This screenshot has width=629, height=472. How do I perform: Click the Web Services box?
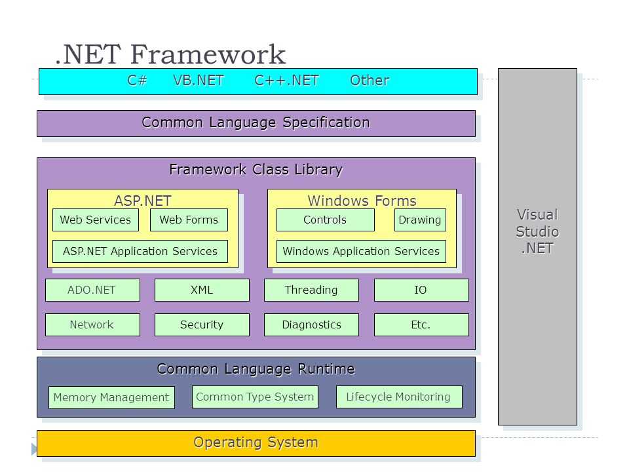96,220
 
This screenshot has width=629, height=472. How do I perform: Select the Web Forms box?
189,220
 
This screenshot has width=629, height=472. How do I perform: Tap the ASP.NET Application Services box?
140,251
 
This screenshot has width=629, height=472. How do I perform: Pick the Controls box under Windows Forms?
326,220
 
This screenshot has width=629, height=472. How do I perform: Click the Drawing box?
420,220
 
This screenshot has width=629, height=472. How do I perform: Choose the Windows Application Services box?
361,251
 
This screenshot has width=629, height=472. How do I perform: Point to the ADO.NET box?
92,290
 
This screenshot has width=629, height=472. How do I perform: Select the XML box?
202,290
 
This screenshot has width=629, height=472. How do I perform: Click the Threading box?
311,290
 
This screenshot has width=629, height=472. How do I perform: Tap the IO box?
421,290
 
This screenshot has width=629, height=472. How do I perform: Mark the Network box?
92,324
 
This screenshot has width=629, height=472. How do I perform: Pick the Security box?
202,324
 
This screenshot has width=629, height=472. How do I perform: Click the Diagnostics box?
311,324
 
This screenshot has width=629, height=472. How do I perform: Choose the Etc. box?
421,324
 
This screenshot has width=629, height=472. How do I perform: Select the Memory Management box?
111,397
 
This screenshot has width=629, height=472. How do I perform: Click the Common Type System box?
255,397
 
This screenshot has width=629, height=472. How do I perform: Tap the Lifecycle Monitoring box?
399,397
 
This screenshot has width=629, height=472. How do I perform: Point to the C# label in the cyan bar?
137,80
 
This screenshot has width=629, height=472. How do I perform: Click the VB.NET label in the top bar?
199,80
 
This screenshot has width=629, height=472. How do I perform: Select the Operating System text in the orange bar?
256,442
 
